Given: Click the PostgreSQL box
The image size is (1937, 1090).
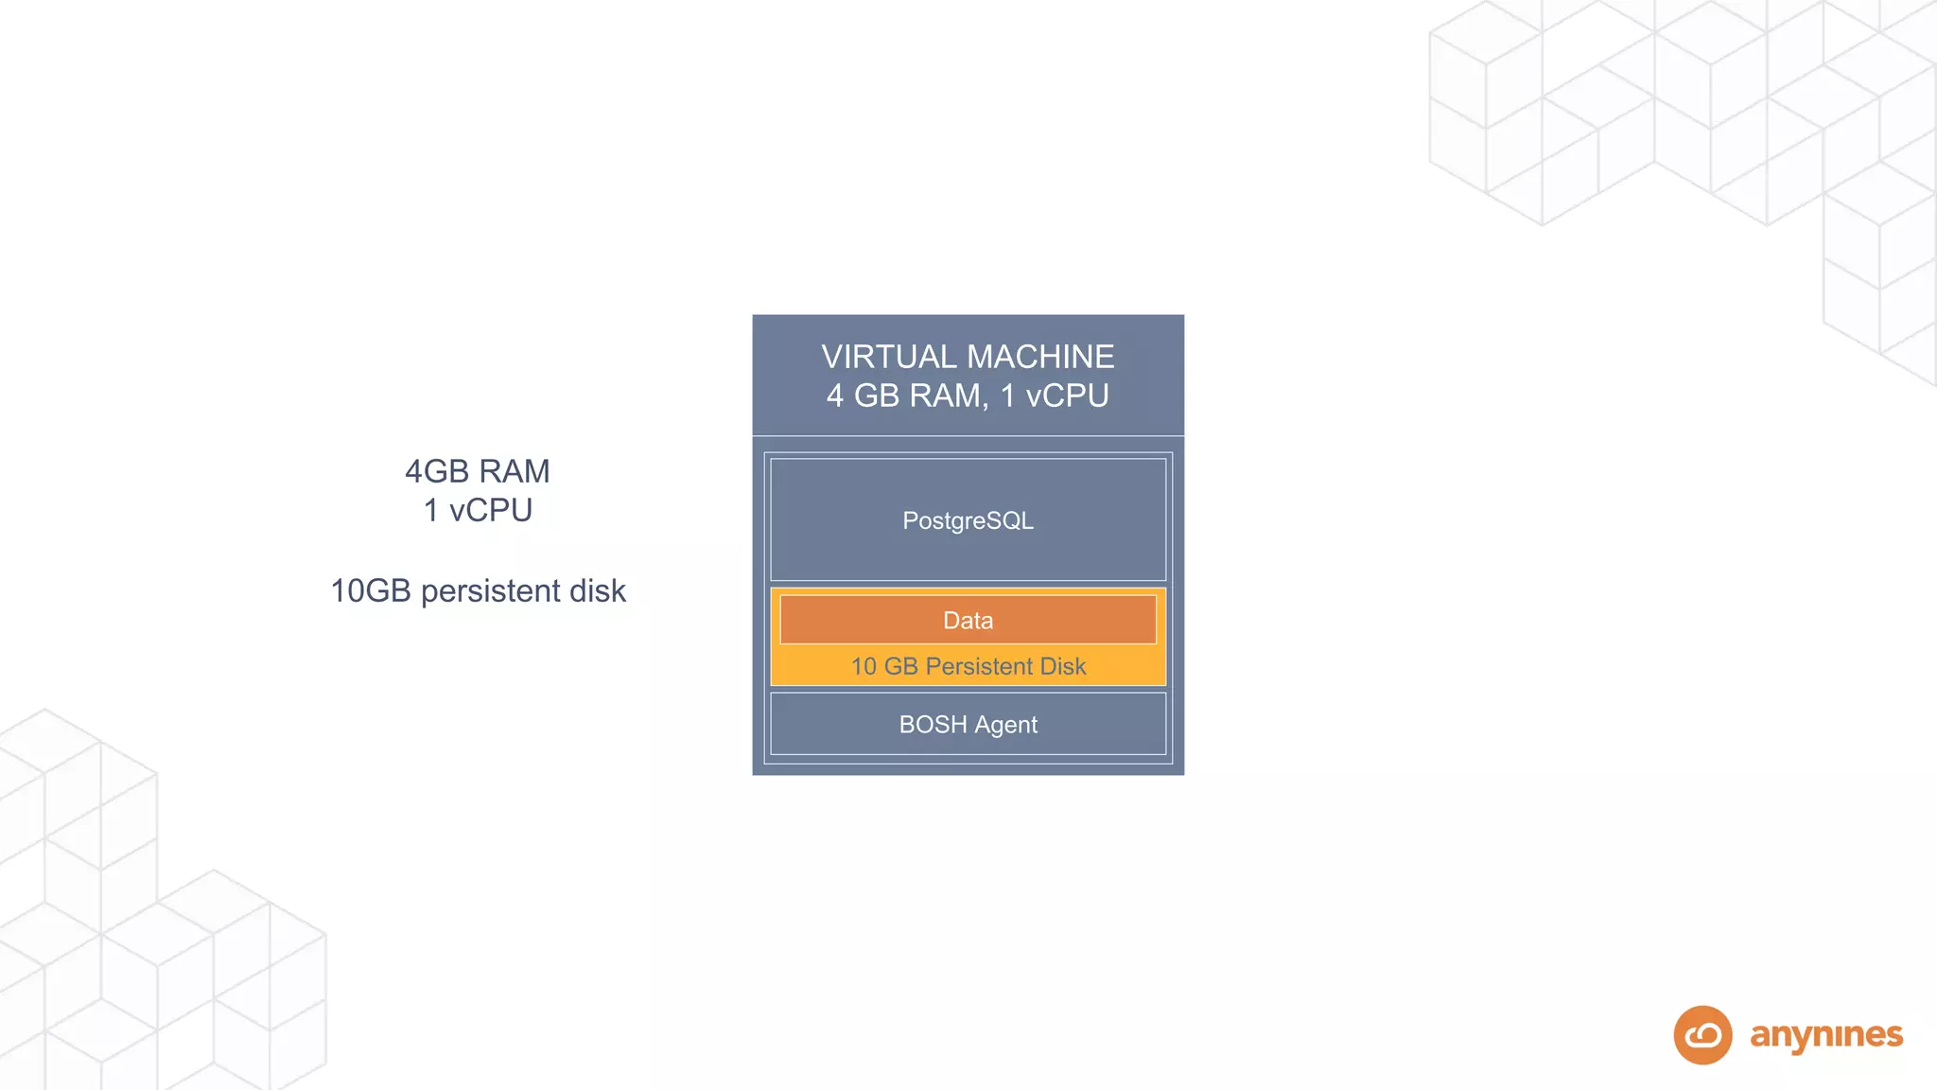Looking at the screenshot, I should [x=968, y=519].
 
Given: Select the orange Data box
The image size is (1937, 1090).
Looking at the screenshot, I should [x=968, y=620].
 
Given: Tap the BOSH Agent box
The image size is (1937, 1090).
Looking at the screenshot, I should [x=968, y=724].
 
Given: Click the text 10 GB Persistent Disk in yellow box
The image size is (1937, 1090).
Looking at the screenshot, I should [x=968, y=666].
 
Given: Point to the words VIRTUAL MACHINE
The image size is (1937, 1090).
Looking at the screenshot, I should [x=968, y=357].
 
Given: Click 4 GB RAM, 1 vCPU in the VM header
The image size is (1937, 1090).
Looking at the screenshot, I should [x=968, y=396].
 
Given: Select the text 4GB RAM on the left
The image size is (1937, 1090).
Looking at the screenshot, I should [x=477, y=471].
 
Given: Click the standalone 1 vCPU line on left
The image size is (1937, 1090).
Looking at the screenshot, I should [x=477, y=510].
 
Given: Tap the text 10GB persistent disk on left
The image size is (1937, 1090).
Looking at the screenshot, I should [x=477, y=590].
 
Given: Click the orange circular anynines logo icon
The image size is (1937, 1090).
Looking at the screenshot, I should [x=1702, y=1035].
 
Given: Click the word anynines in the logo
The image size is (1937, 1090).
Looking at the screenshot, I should [x=1825, y=1035].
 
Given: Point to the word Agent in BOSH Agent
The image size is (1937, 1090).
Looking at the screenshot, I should [x=1005, y=725].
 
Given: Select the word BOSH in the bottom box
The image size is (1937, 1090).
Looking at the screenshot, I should [x=933, y=724].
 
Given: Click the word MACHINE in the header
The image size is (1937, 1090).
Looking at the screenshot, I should [x=1040, y=357].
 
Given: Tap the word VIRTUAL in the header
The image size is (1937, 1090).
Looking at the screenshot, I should [x=889, y=357].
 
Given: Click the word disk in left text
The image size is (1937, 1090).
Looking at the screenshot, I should [x=598, y=590].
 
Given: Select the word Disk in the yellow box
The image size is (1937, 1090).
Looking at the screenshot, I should [x=1062, y=666].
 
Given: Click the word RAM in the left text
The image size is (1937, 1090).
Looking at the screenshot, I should [x=514, y=471].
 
